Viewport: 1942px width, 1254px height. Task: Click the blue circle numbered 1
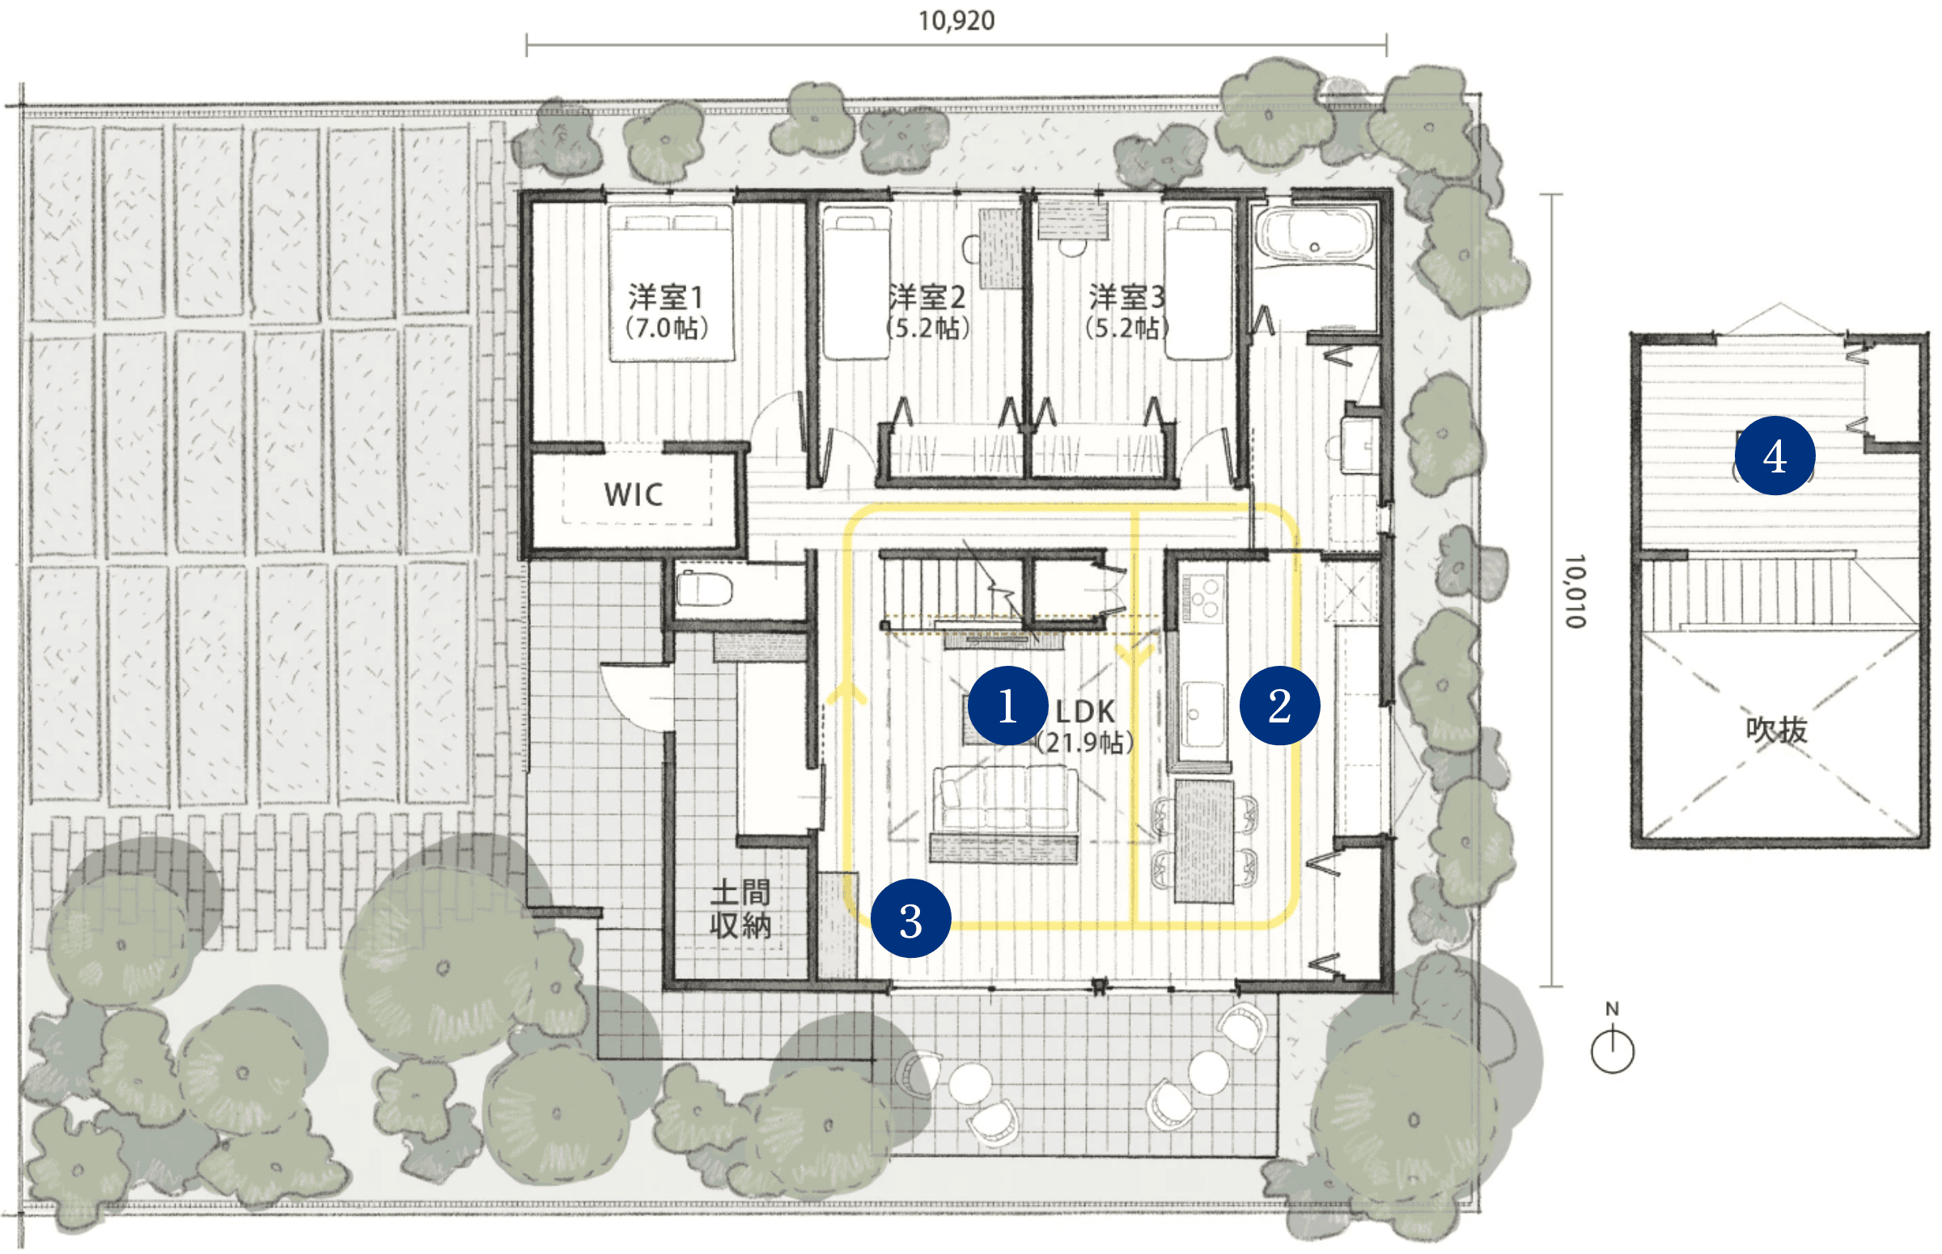pyautogui.click(x=1007, y=705)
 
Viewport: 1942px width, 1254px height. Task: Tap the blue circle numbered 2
pyautogui.click(x=1279, y=705)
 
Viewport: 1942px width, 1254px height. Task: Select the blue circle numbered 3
pyautogui.click(x=910, y=919)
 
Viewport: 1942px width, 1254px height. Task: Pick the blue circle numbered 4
pyautogui.click(x=1775, y=455)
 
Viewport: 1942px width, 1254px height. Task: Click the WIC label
pyautogui.click(x=634, y=494)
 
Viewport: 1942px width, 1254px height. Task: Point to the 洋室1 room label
pyautogui.click(x=666, y=298)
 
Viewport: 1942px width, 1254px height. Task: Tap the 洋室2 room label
pyautogui.click(x=927, y=298)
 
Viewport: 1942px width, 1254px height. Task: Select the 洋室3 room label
pyautogui.click(x=1127, y=298)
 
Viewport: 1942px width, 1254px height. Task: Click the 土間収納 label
pyautogui.click(x=740, y=909)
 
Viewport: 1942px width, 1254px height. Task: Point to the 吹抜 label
pyautogui.click(x=1776, y=730)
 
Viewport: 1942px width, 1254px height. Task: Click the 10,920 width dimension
pyautogui.click(x=956, y=20)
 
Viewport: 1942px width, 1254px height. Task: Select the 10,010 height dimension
pyautogui.click(x=1575, y=591)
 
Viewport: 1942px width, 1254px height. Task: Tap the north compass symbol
pyautogui.click(x=1611, y=1044)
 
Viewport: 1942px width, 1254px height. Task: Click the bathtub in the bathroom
pyautogui.click(x=1313, y=235)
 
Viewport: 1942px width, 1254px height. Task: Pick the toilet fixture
pyautogui.click(x=704, y=588)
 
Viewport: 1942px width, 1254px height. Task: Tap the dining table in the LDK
pyautogui.click(x=1203, y=841)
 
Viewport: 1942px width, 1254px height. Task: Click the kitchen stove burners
pyautogui.click(x=1203, y=598)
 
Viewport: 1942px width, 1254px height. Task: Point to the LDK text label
pyautogui.click(x=1084, y=712)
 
